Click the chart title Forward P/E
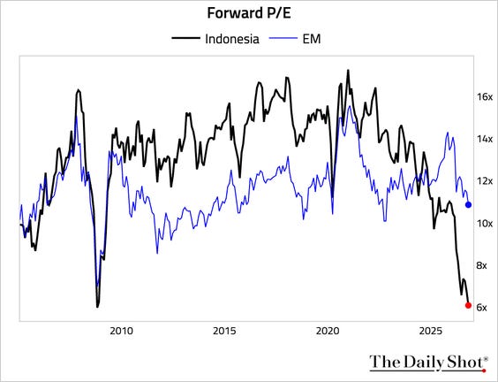(249, 13)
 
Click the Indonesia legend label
(232, 39)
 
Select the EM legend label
(312, 39)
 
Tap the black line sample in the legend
(185, 38)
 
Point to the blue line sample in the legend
(283, 38)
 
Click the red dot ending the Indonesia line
(468, 305)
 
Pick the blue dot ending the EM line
(468, 205)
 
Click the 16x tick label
(485, 96)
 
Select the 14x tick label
(485, 139)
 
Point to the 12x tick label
(485, 181)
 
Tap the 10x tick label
(485, 224)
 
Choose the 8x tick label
(482, 265)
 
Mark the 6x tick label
(482, 307)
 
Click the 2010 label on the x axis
(122, 331)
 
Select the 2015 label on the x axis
(224, 331)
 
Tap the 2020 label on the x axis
(328, 331)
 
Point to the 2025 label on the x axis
(431, 331)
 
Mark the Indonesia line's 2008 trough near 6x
(97, 306)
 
